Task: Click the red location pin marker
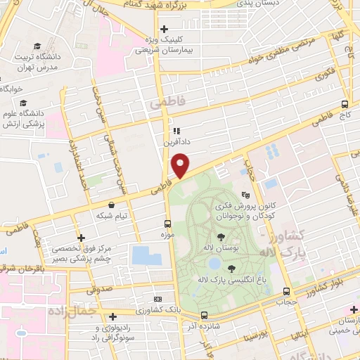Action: tap(181, 165)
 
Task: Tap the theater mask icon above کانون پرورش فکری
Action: tap(245, 195)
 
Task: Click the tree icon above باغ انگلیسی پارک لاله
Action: tap(233, 267)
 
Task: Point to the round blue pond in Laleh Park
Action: tap(214, 264)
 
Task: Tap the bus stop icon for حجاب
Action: tap(285, 291)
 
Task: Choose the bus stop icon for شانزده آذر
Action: tap(204, 315)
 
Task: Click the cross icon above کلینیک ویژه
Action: tap(164, 29)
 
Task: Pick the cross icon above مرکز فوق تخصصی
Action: tap(82, 238)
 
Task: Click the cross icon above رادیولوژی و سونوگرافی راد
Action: tap(112, 316)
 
